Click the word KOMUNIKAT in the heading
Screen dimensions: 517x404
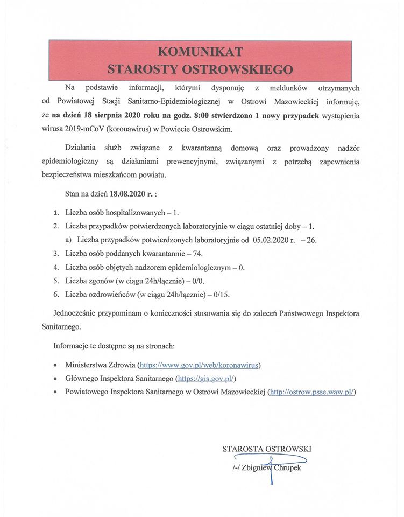[201, 51]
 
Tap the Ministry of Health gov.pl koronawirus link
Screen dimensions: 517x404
[199, 365]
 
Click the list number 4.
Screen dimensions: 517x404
[56, 267]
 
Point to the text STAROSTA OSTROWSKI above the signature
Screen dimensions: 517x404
[267, 449]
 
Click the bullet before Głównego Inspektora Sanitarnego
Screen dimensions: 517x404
[56, 379]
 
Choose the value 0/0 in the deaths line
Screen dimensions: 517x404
[198, 281]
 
